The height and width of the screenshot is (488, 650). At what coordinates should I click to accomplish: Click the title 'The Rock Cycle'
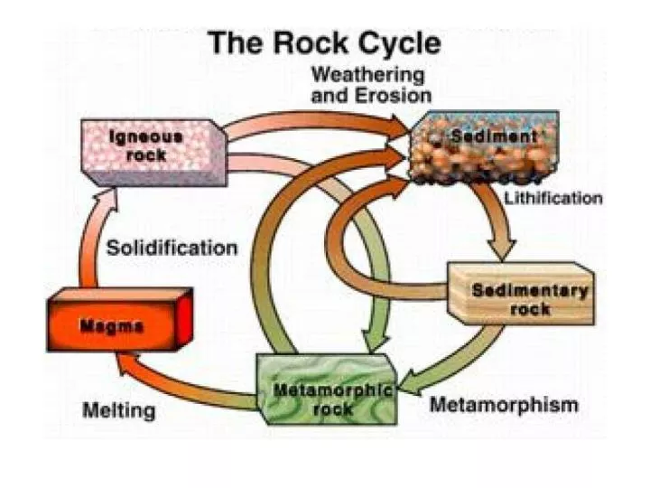(325, 43)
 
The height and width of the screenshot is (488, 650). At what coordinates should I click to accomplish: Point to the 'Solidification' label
(172, 248)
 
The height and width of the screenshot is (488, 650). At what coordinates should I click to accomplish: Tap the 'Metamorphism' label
(503, 404)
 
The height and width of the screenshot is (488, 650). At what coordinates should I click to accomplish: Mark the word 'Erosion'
(396, 94)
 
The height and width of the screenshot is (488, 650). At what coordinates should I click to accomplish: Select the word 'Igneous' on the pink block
(145, 137)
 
